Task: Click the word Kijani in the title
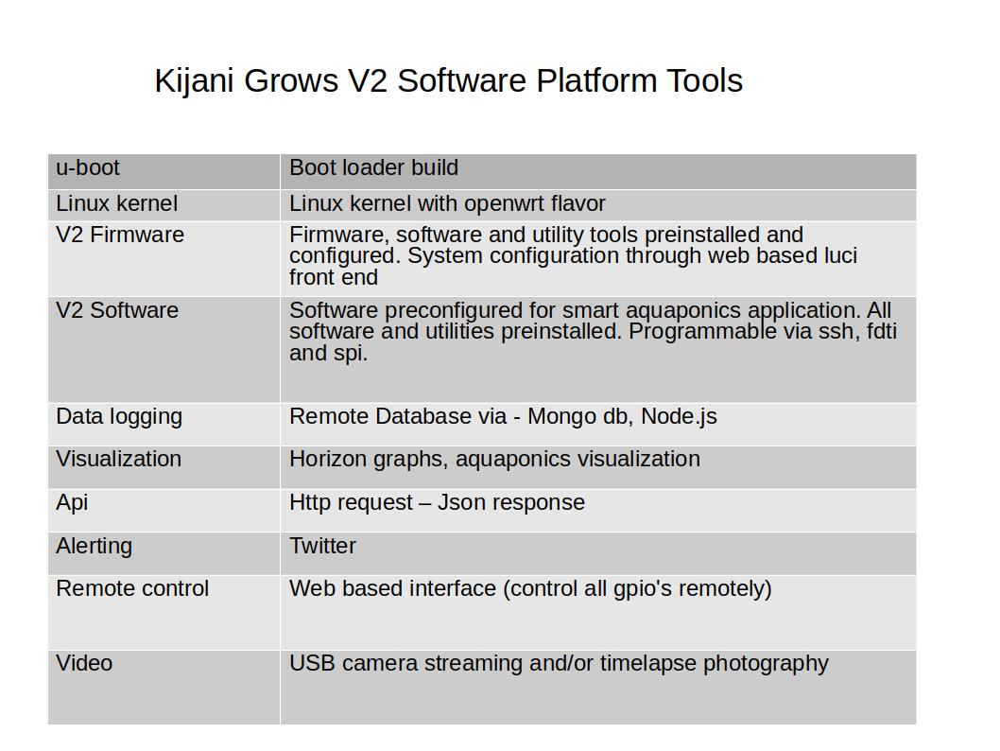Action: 196,81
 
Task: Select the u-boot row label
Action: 88,168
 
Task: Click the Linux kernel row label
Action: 116,204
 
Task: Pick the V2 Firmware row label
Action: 120,235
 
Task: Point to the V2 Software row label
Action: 117,311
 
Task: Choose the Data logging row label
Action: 119,417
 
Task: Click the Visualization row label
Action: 118,460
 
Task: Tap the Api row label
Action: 72,502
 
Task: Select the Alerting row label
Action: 94,546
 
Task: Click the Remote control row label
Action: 132,588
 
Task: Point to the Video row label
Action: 84,663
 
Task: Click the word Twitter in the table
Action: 322,546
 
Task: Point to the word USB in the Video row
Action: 312,663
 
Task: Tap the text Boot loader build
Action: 373,168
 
